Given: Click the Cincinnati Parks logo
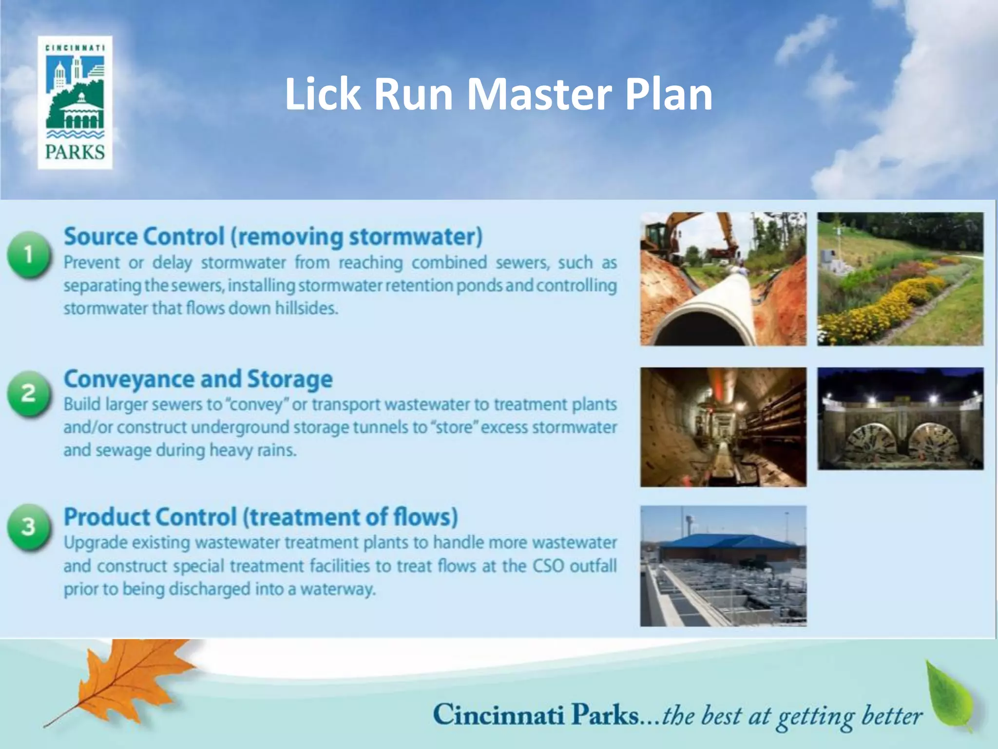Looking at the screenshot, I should click(75, 102).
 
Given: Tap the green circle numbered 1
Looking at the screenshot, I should click(28, 255).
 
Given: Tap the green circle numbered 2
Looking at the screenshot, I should click(28, 394).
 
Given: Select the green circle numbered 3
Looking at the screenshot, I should click(28, 527).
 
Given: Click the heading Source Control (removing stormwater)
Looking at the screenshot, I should click(273, 237).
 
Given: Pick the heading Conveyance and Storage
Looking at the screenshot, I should click(198, 379).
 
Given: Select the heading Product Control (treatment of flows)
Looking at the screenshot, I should click(261, 517).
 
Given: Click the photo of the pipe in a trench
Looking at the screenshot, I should click(723, 279).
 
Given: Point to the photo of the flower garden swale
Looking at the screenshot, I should click(900, 279).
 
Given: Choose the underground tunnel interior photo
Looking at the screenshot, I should click(723, 427).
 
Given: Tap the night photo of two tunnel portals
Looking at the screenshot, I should click(900, 418).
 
